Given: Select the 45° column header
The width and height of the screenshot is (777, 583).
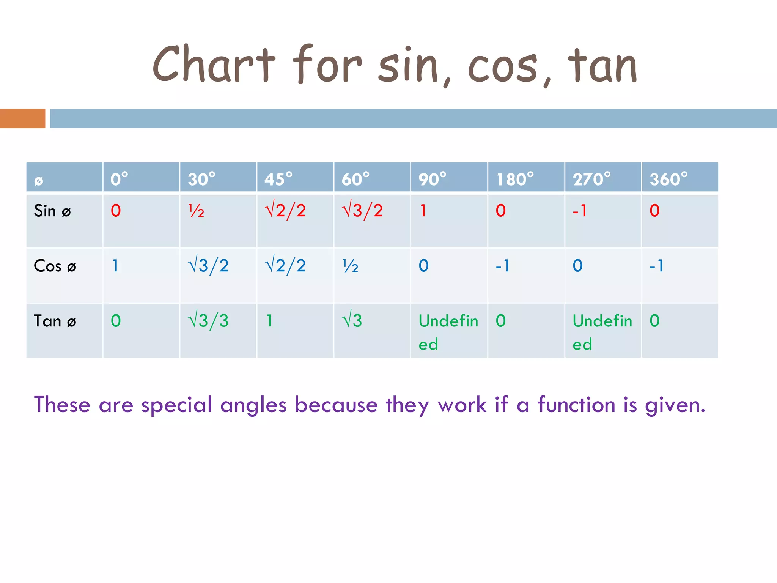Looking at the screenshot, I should (x=278, y=179).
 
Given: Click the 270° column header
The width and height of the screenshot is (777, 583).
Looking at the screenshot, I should (x=591, y=179).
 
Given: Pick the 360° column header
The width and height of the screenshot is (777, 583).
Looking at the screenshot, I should (x=668, y=179).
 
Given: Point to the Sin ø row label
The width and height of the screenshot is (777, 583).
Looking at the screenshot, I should (x=52, y=211).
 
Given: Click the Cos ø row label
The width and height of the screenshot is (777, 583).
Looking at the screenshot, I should (x=55, y=266).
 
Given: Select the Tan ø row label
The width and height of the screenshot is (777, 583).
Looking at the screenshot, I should (x=55, y=321).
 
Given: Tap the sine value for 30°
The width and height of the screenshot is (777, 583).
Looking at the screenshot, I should (x=196, y=211).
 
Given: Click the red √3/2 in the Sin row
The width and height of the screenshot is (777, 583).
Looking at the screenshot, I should (x=362, y=211).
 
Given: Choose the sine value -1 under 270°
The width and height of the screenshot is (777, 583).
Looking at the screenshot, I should (x=580, y=211).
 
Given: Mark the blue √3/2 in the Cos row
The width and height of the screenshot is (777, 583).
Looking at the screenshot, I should (x=208, y=266).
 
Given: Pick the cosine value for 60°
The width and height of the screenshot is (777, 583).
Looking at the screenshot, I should (x=350, y=266).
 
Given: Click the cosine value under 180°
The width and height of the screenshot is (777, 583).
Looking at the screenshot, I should (x=503, y=266).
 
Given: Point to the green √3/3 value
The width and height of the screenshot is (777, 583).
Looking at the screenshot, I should (x=208, y=321).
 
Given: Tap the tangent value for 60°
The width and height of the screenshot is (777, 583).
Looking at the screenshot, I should (x=352, y=321).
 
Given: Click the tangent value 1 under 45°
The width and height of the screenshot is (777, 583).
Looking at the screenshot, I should (x=269, y=321).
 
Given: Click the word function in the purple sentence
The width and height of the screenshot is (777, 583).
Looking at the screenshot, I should (x=576, y=405).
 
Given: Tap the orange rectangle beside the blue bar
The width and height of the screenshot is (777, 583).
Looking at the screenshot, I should (x=22, y=118).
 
